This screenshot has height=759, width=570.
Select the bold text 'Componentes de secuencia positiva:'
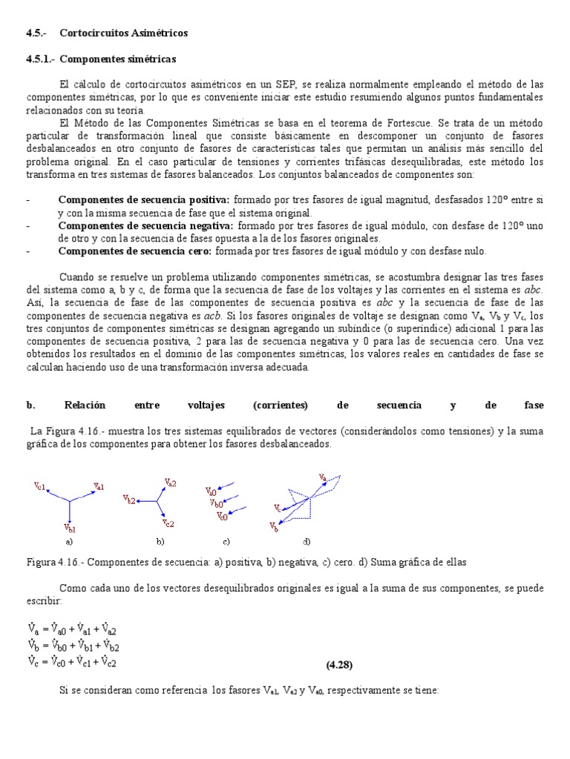point(145,200)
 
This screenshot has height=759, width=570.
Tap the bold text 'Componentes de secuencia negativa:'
point(145,225)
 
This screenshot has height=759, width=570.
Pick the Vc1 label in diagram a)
point(40,486)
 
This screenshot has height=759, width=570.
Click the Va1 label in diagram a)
point(99,486)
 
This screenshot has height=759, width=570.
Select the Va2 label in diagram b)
point(170,483)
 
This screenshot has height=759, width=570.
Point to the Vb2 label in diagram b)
point(129,500)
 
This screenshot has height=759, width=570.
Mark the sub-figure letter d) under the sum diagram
point(307,542)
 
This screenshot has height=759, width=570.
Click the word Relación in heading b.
point(85,405)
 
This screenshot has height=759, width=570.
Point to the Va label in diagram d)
point(323,477)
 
